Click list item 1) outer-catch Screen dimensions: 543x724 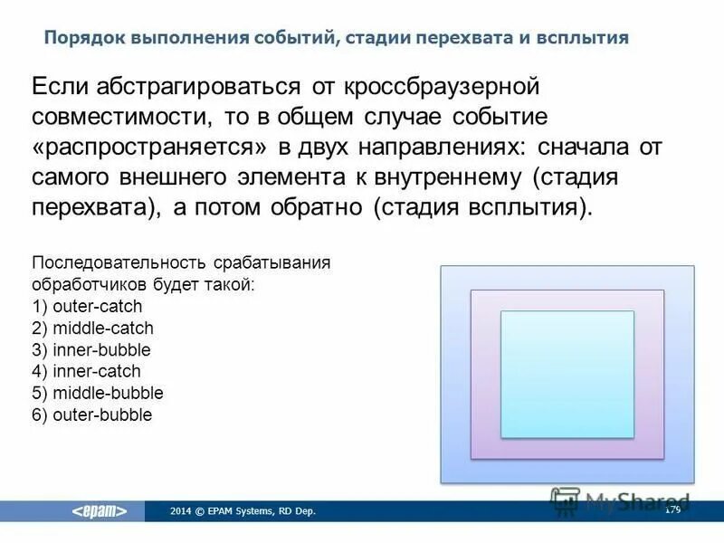tap(87, 306)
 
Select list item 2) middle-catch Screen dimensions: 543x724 tap(92, 328)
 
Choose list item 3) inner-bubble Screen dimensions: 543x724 tap(90, 349)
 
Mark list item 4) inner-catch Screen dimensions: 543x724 tap(86, 371)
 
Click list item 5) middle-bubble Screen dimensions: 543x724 tap(97, 393)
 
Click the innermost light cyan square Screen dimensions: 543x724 tap(567, 374)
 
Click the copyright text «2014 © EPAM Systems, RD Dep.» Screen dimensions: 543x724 tap(243, 511)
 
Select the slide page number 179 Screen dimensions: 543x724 tap(672, 510)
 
